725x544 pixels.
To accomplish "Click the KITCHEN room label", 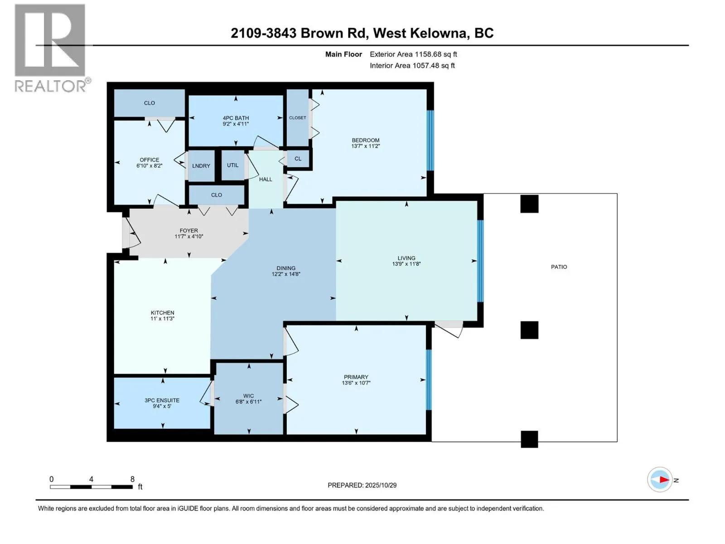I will click(162, 312).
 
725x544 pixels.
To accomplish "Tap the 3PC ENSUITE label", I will click(162, 400).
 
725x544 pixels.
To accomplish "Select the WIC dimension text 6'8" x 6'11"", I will click(248, 402).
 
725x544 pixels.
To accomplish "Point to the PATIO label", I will click(559, 267).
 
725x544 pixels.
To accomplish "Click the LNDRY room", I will click(201, 166).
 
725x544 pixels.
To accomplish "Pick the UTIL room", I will click(232, 165).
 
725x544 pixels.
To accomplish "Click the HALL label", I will click(266, 179).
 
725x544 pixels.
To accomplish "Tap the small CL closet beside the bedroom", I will click(298, 159).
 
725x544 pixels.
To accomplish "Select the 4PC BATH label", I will click(236, 118).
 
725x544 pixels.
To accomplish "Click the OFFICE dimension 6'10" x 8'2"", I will click(149, 166).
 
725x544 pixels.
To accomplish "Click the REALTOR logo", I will click(50, 48).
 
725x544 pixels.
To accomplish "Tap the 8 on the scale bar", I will click(132, 479).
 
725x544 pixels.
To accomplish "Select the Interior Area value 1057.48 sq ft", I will click(433, 65).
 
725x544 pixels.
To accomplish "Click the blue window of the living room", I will click(480, 261).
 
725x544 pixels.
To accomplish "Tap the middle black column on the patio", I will click(529, 330).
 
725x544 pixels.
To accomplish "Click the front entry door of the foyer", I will click(127, 233).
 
